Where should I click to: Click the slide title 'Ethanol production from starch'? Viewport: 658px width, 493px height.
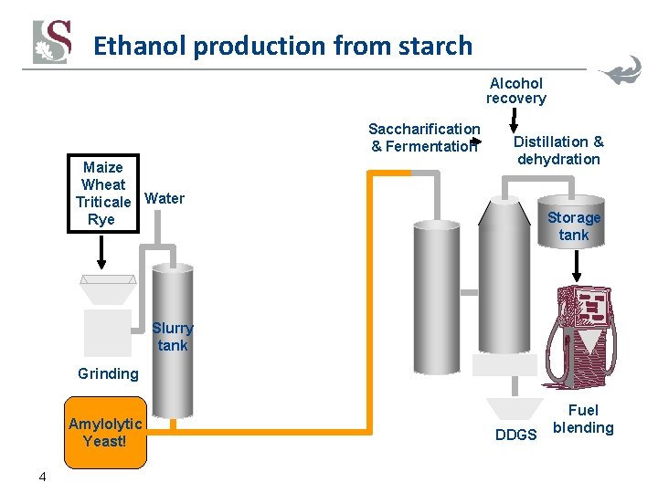[282, 46]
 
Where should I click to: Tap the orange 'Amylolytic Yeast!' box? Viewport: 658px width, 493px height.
[105, 432]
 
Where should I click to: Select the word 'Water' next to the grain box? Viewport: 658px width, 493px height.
[164, 198]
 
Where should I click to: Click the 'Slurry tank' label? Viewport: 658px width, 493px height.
[172, 336]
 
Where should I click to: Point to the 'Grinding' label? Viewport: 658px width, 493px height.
[108, 372]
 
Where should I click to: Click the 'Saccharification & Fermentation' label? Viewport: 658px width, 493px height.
[424, 137]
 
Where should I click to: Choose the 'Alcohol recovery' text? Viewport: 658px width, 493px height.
[515, 90]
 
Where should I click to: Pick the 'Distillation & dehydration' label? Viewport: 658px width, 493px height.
[558, 150]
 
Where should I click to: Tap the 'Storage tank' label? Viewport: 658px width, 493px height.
[574, 226]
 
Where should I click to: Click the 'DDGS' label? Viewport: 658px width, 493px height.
[515, 435]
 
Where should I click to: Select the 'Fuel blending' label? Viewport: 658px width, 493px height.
[583, 419]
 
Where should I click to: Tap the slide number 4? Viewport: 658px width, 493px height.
[42, 476]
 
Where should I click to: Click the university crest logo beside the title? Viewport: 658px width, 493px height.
[52, 43]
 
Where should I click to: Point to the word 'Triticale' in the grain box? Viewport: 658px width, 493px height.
[103, 202]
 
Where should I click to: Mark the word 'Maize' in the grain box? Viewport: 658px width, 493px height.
[102, 167]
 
